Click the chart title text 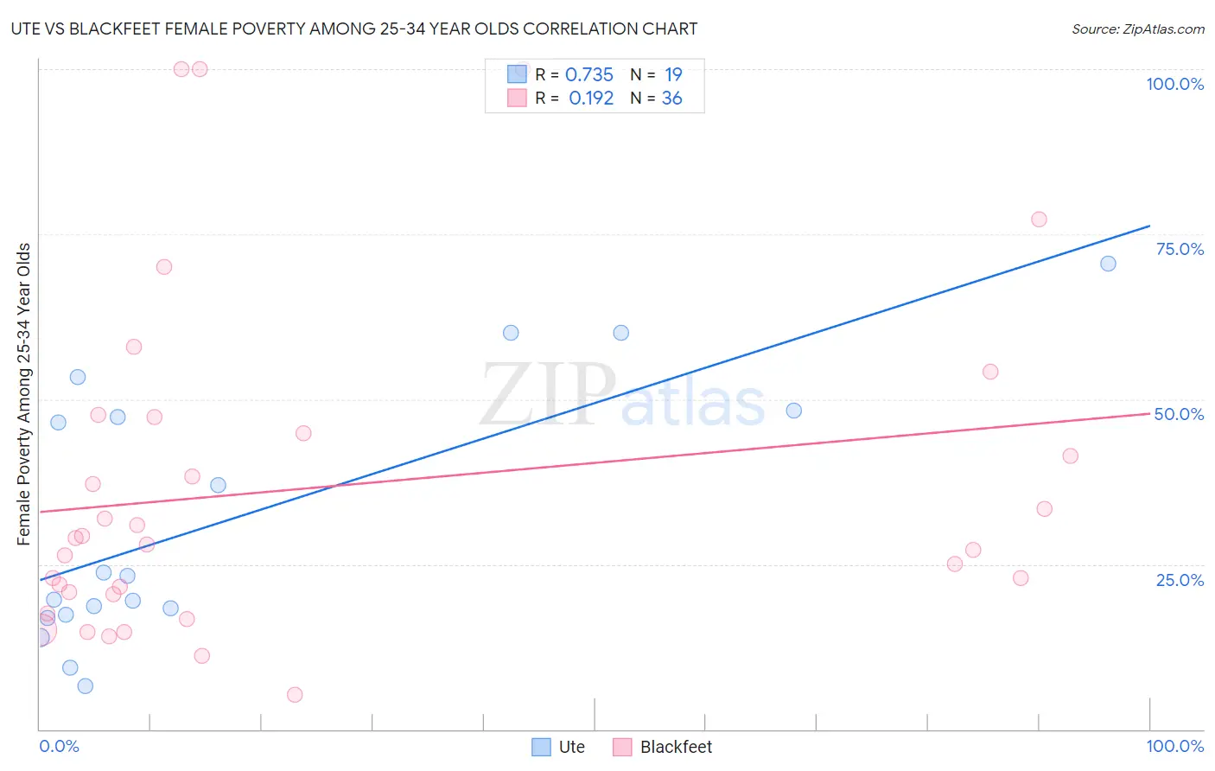pyautogui.click(x=354, y=29)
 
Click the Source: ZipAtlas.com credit pyautogui.click(x=1137, y=29)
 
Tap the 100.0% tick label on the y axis pyautogui.click(x=1174, y=84)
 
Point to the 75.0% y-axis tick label pyautogui.click(x=1180, y=249)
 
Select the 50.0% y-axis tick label pyautogui.click(x=1179, y=414)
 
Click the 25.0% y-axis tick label pyautogui.click(x=1180, y=580)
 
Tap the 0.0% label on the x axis pyautogui.click(x=59, y=746)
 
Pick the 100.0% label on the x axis pyautogui.click(x=1174, y=746)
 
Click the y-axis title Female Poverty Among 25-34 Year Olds pyautogui.click(x=24, y=394)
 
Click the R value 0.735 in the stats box pyautogui.click(x=588, y=75)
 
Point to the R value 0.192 pyautogui.click(x=591, y=99)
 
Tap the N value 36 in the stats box pyautogui.click(x=671, y=99)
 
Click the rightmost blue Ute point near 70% pyautogui.click(x=1108, y=264)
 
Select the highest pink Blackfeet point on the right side pyautogui.click(x=1039, y=220)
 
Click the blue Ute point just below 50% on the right pyautogui.click(x=793, y=411)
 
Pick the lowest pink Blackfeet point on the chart pyautogui.click(x=295, y=695)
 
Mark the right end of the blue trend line pyautogui.click(x=1149, y=226)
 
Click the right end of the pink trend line pyautogui.click(x=1149, y=413)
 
